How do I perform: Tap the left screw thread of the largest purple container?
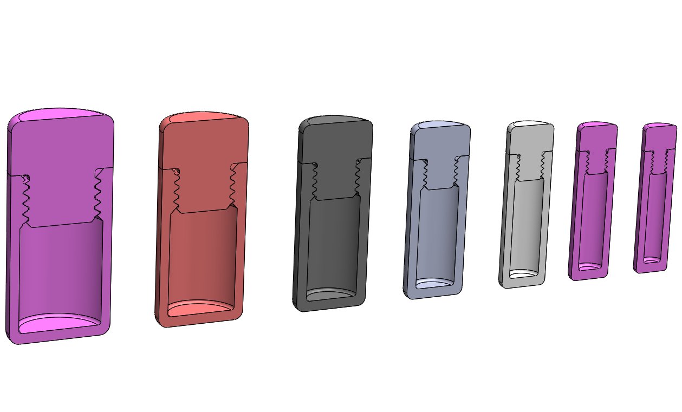[24, 198]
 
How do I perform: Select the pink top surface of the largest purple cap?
[60, 114]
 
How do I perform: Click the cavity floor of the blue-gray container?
[436, 283]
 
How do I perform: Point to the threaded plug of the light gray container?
[530, 165]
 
